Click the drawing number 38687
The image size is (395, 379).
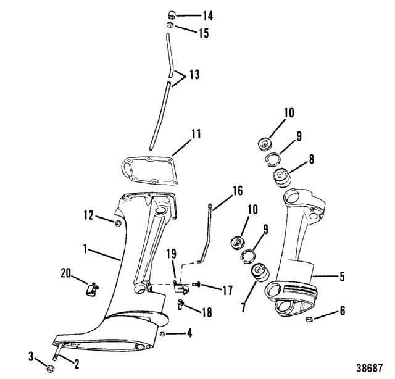click(369, 368)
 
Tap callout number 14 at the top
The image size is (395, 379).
click(208, 16)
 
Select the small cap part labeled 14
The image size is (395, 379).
click(172, 15)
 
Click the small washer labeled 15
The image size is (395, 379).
click(170, 25)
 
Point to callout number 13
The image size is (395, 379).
click(194, 75)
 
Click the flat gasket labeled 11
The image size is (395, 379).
click(151, 170)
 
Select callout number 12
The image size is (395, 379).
click(89, 215)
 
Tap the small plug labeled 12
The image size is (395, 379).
click(118, 223)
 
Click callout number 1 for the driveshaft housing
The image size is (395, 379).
click(85, 249)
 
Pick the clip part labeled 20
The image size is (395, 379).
click(92, 289)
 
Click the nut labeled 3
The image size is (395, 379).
click(51, 369)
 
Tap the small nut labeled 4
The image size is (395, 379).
click(162, 334)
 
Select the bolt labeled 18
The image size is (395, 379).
click(180, 304)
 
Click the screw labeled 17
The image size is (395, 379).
click(196, 285)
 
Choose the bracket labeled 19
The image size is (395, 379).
click(181, 286)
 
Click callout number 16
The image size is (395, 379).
click(238, 191)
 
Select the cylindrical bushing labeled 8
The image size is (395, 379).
click(282, 178)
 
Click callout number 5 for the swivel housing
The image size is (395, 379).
click(341, 277)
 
